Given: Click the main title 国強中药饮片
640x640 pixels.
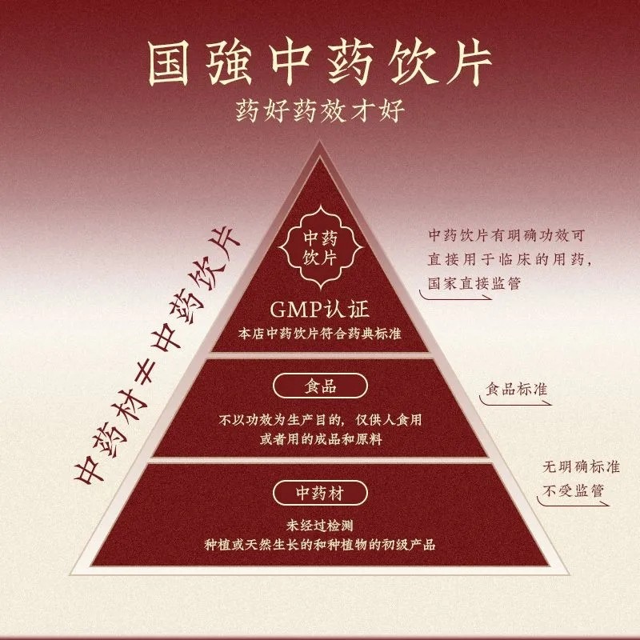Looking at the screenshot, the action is tap(320, 59).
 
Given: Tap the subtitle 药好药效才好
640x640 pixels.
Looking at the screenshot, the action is tap(320, 110).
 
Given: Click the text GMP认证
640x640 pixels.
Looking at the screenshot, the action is tap(320, 310).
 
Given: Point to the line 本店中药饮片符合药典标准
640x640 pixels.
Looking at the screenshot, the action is tap(320, 334).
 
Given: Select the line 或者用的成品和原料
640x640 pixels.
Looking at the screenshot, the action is tap(320, 436).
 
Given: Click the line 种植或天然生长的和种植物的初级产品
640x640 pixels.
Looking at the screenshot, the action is tap(320, 543).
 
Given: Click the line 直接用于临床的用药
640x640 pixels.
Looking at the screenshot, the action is tap(512, 260).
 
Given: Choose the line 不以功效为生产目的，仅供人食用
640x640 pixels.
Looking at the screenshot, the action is tap(320, 418).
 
